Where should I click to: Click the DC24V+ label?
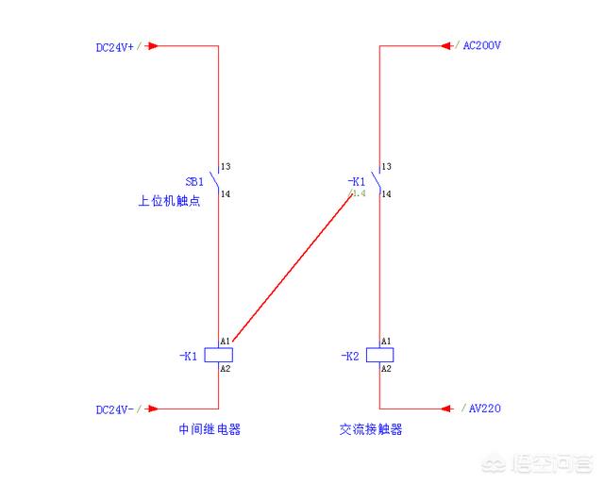click(114, 45)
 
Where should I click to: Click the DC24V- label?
click(114, 409)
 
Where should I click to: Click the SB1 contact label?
click(193, 181)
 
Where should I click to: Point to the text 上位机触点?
click(169, 201)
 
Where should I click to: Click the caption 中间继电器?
click(210, 429)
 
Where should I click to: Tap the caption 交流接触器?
click(371, 429)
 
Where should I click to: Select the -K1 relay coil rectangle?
click(218, 355)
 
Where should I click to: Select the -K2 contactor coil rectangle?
click(379, 355)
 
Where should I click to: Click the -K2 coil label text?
click(349, 356)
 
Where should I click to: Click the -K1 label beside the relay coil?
click(188, 356)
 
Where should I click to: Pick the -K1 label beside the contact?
click(356, 181)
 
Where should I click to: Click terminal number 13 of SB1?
click(226, 167)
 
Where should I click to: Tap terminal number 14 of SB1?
click(226, 194)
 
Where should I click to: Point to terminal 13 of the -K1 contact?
click(387, 167)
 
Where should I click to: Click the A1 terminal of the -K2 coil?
click(386, 341)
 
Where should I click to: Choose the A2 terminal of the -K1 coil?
click(226, 369)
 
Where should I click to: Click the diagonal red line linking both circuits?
click(293, 267)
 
